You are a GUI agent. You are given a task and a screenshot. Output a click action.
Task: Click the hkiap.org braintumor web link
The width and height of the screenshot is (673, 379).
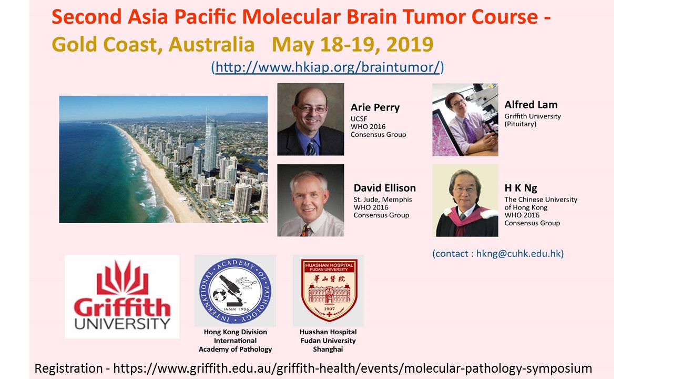click(328, 67)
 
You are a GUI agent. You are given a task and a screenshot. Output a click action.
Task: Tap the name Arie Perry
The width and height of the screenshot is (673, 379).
click(375, 107)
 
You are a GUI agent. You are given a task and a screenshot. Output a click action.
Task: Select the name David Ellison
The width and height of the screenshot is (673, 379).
click(384, 188)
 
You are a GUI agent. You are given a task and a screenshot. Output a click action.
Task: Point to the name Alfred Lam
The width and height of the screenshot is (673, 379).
click(531, 105)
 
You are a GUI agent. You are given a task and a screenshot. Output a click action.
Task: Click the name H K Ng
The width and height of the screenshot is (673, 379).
click(521, 188)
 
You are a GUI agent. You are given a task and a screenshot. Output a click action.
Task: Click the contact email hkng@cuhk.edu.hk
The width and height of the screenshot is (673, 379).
click(518, 254)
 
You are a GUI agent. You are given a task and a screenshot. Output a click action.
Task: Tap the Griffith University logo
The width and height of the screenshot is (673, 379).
click(122, 296)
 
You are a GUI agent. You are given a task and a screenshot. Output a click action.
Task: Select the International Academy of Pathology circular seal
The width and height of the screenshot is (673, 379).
click(235, 291)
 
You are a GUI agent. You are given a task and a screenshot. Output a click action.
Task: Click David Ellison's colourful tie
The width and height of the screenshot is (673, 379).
click(305, 230)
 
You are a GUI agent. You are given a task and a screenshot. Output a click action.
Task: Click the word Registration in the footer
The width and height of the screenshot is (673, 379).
click(69, 368)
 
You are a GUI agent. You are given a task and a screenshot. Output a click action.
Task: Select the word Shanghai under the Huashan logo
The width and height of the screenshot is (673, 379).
click(328, 349)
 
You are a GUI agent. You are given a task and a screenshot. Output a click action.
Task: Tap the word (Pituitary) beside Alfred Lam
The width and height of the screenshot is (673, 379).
click(521, 124)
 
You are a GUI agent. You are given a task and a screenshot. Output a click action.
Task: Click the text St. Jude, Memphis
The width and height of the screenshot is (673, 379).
click(383, 200)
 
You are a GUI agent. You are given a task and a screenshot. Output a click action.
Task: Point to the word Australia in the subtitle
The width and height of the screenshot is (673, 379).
click(211, 44)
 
